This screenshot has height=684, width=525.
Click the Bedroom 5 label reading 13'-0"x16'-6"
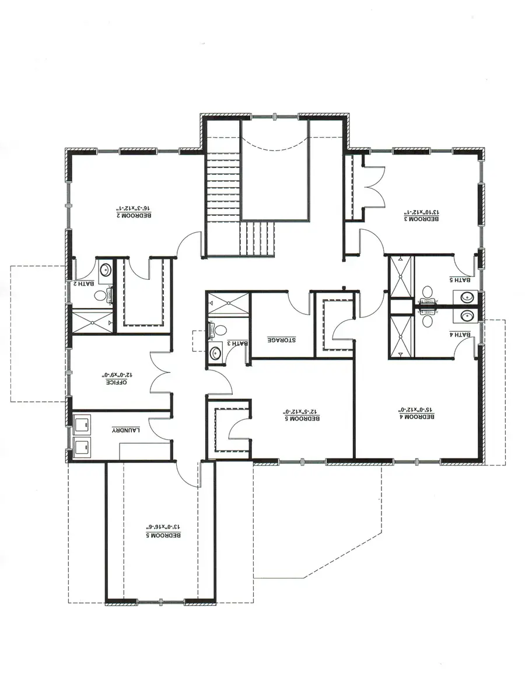[163, 531]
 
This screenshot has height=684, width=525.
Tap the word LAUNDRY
[127, 430]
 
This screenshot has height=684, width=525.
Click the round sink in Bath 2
[106, 271]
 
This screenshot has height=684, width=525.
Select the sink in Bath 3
[215, 352]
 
